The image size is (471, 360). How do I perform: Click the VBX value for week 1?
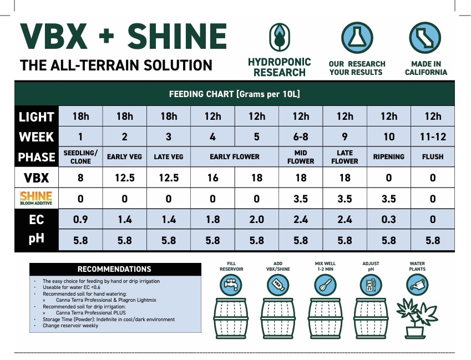pyautogui.click(x=81, y=178)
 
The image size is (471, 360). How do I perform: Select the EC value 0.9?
pyautogui.click(x=81, y=220)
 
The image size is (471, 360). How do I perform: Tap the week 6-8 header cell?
pyautogui.click(x=301, y=136)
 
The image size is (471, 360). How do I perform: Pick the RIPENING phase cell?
pyautogui.click(x=388, y=157)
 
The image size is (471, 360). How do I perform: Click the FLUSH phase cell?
pyautogui.click(x=433, y=157)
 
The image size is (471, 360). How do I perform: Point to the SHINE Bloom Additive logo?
pyautogui.click(x=36, y=199)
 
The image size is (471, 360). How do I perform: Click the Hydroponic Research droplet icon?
pyautogui.click(x=278, y=37)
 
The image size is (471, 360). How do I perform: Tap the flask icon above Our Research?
pyautogui.click(x=356, y=37)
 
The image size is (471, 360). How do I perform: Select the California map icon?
pyautogui.click(x=425, y=37)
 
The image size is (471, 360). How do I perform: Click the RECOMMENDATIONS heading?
pyautogui.click(x=114, y=269)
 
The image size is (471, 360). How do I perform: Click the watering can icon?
pyautogui.click(x=417, y=285)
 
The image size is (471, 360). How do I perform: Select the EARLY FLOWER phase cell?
pyautogui.click(x=235, y=157)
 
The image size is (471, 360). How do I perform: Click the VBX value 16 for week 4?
pyautogui.click(x=212, y=178)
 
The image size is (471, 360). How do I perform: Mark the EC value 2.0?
pyautogui.click(x=256, y=220)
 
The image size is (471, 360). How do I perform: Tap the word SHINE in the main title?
pyautogui.click(x=177, y=37)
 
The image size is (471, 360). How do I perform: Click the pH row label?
pyautogui.click(x=36, y=240)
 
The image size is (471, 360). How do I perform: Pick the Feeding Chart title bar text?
pyautogui.click(x=234, y=94)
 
